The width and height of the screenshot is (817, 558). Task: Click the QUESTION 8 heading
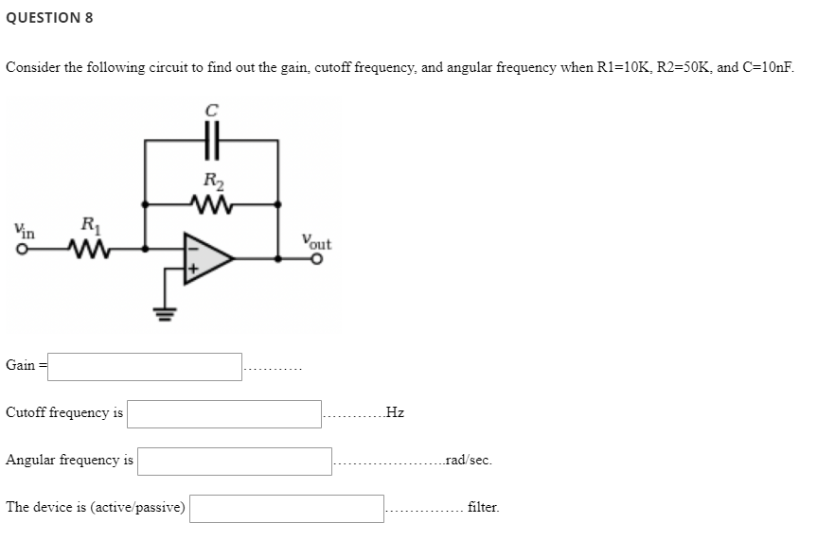point(49,18)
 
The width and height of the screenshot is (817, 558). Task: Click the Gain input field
point(145,366)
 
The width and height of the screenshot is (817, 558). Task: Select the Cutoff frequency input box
point(225,413)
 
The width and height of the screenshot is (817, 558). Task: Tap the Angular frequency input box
point(235,461)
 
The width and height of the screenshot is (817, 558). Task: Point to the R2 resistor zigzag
point(211,202)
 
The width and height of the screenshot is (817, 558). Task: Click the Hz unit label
point(396,413)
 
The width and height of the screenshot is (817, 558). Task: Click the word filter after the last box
point(483,508)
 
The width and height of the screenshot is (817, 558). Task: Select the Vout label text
point(315,241)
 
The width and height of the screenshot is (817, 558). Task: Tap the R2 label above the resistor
point(212,181)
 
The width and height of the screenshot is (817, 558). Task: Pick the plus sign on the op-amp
point(191,270)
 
